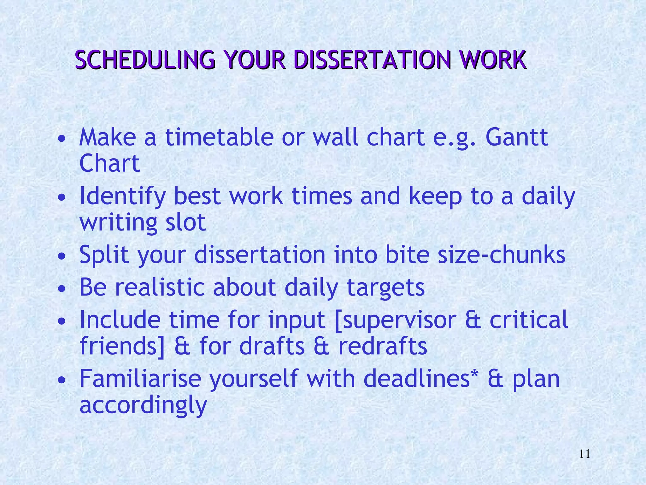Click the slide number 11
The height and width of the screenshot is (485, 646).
(x=584, y=454)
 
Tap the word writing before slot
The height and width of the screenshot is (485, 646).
(x=118, y=223)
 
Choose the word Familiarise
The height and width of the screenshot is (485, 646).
(x=140, y=379)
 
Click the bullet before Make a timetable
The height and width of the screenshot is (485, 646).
(x=62, y=139)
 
